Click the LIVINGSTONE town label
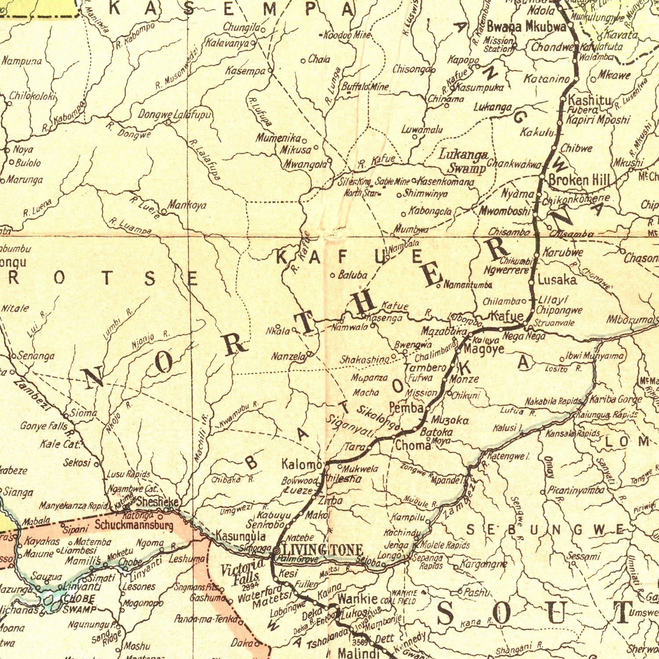click(x=322, y=550)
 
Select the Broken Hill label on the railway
click(x=579, y=180)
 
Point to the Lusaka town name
click(x=557, y=279)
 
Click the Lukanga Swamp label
click(x=464, y=161)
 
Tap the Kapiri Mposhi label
click(x=598, y=120)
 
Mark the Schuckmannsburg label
click(x=134, y=525)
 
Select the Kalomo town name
click(x=302, y=464)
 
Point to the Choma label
click(x=413, y=445)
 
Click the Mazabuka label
click(x=443, y=332)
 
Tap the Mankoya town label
click(x=187, y=205)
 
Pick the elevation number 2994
click(x=250, y=586)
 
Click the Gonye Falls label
click(x=44, y=426)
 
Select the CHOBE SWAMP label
click(x=79, y=604)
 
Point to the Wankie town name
click(x=357, y=599)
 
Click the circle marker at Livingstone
click(x=276, y=550)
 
